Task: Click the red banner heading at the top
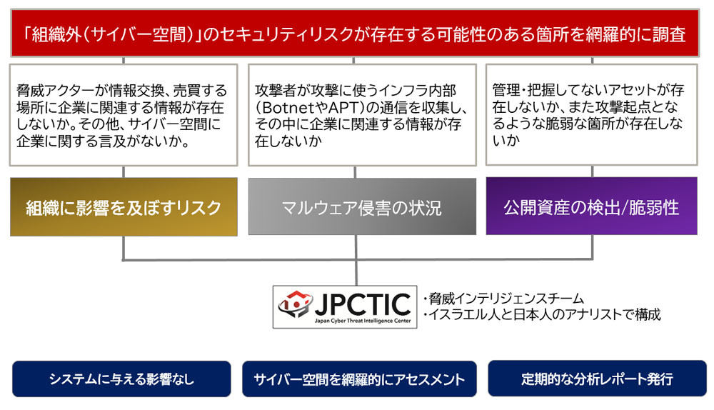coord(355,34)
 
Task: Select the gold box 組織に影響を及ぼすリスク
coord(124,207)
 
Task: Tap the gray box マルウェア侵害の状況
coord(362,206)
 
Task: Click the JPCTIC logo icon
coord(295,303)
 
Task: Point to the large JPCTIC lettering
coord(363,304)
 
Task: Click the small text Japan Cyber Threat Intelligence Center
coord(363,321)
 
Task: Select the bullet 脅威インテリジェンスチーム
coord(503,299)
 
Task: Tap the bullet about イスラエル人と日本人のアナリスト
coord(542,314)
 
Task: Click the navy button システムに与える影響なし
coord(121,379)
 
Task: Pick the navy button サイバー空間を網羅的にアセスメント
coord(359,379)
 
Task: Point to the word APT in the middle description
coord(343,108)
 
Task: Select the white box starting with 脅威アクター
coord(124,115)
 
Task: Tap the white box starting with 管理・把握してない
coord(591,114)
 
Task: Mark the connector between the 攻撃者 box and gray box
coord(355,172)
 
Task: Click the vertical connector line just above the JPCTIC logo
coord(356,272)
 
